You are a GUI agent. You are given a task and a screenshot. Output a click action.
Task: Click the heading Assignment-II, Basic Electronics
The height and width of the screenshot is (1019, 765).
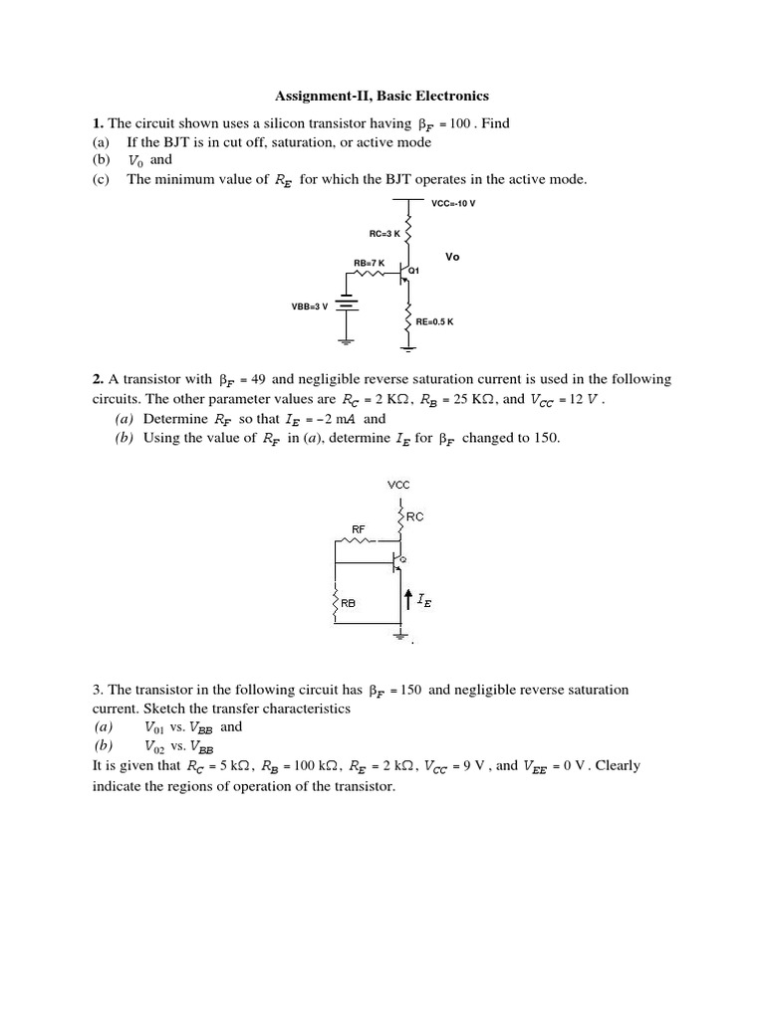tap(382, 97)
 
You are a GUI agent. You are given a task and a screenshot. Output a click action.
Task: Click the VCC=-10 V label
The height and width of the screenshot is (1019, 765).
tap(453, 203)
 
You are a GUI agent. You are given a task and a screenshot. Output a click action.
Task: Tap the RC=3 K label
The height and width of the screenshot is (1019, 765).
tap(383, 234)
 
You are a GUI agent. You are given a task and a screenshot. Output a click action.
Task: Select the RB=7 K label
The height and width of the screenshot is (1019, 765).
tap(369, 262)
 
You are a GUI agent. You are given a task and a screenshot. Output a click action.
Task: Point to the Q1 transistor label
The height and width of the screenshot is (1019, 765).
tap(415, 271)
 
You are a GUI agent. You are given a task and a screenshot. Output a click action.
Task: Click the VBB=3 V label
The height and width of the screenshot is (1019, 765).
tap(309, 306)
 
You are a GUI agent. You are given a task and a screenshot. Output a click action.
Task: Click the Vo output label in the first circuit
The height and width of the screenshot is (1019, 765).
tap(452, 256)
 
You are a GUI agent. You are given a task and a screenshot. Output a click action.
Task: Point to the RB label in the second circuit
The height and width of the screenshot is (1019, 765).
tap(348, 603)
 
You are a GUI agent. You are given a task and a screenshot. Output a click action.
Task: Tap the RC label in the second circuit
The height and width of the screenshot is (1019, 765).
tap(415, 517)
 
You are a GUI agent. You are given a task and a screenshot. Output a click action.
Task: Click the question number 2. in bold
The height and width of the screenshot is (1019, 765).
tap(99, 379)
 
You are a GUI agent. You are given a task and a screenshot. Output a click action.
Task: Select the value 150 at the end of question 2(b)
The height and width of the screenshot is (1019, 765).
tap(548, 438)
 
